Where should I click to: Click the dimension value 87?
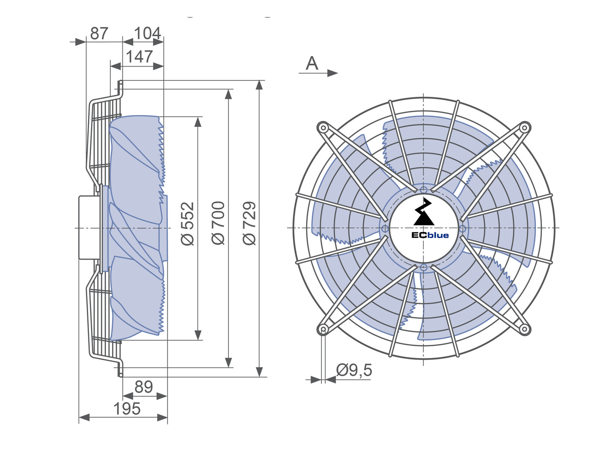[99, 34]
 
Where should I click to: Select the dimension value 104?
[147, 34]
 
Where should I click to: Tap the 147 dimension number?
[139, 57]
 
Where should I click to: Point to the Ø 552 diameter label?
[188, 223]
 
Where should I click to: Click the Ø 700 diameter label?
[218, 223]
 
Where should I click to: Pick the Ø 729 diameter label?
[249, 223]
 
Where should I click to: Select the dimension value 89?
[143, 387]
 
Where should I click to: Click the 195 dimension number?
[127, 409]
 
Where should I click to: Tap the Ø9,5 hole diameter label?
[354, 370]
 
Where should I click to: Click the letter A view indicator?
[312, 63]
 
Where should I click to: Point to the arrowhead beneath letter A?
[333, 73]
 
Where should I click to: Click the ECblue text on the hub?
[430, 235]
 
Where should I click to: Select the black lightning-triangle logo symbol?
[424, 212]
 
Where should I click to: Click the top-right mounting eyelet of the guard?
[524, 128]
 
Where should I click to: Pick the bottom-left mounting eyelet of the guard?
[323, 329]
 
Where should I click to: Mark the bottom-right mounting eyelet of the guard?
[524, 329]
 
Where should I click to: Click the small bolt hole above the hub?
[424, 190]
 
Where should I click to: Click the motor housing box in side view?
[89, 228]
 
